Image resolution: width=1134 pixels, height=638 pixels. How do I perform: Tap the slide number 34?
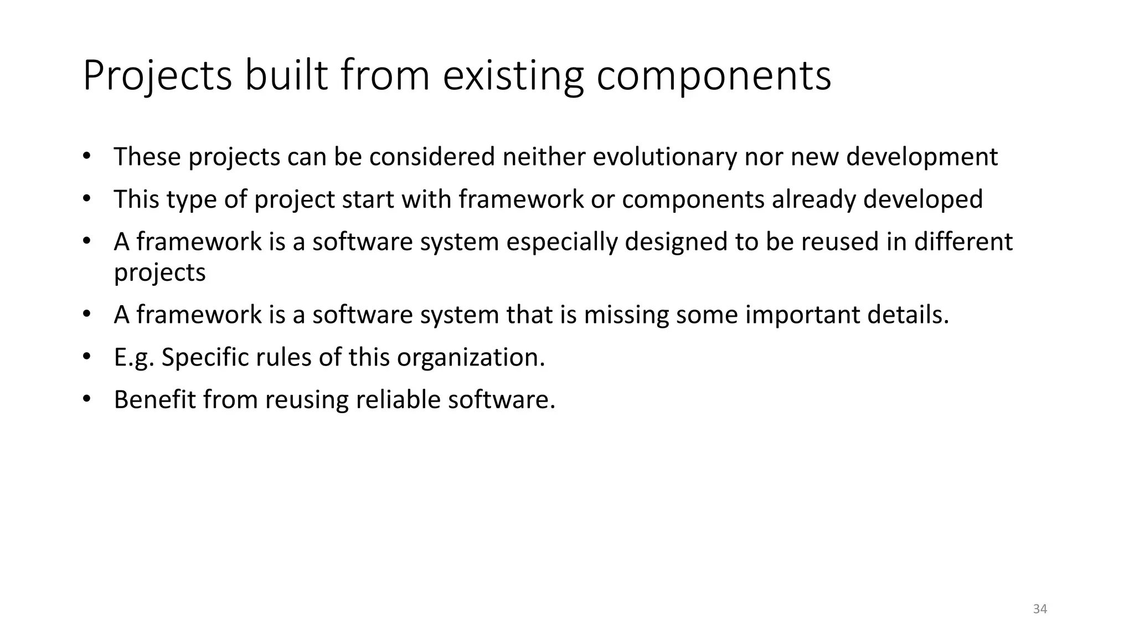pyautogui.click(x=1040, y=609)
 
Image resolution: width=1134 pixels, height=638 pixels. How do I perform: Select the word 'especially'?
pyautogui.click(x=561, y=242)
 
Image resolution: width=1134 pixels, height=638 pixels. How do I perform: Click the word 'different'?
pyautogui.click(x=963, y=242)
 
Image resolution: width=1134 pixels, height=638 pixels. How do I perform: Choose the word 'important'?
pyautogui.click(x=802, y=315)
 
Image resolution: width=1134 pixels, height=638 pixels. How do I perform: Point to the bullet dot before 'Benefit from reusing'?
pyautogui.click(x=86, y=399)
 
